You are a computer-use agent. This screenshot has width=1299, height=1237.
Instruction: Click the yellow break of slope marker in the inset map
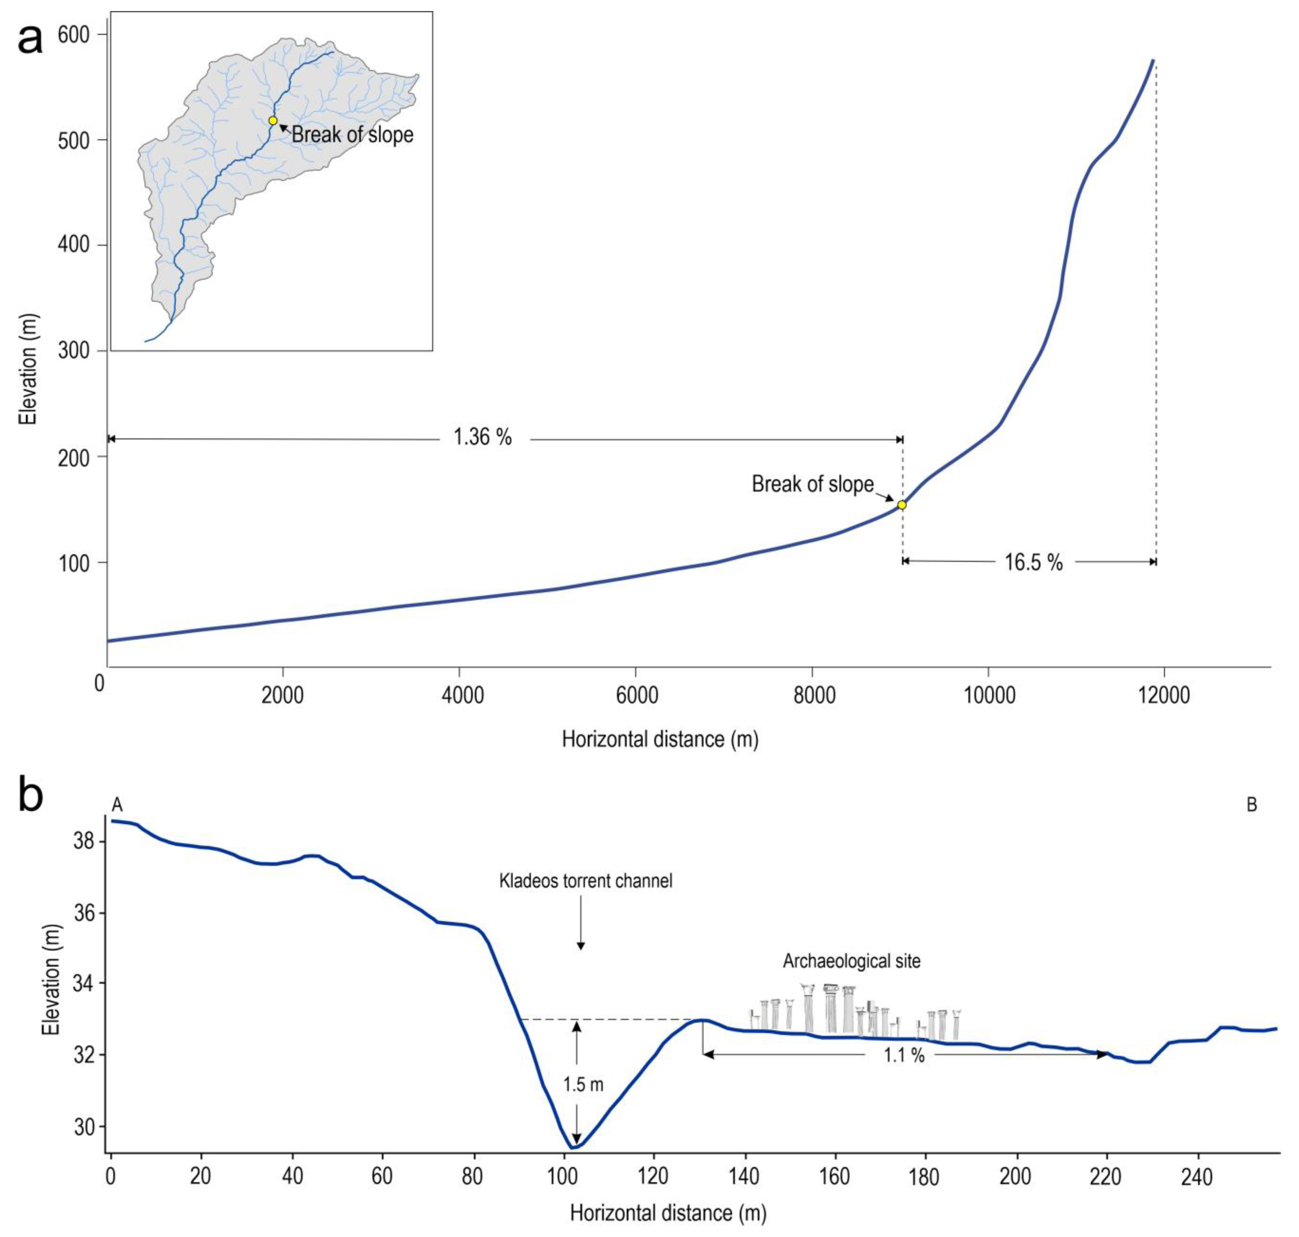[272, 121]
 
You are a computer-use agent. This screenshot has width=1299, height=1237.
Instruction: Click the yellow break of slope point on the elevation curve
[901, 505]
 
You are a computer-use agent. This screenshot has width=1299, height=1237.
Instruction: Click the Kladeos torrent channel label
[585, 881]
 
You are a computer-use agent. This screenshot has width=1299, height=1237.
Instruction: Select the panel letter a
[30, 38]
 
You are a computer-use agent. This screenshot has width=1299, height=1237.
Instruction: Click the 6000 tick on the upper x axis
[636, 696]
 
